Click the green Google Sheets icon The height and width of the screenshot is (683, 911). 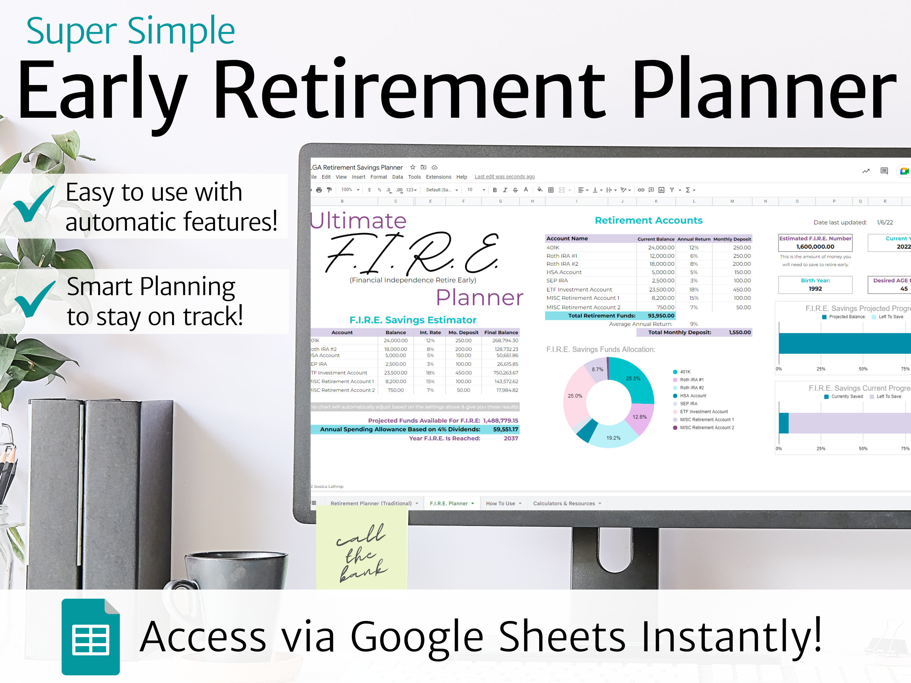[x=91, y=636]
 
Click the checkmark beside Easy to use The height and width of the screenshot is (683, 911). [x=33, y=204]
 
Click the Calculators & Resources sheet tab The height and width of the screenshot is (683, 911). [x=564, y=503]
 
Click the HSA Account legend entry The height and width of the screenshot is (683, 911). [x=693, y=396]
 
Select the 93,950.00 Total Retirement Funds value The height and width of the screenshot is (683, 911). [x=661, y=316]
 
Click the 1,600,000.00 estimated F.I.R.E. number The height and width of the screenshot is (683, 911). [x=815, y=247]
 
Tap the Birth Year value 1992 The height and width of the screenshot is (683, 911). [x=815, y=289]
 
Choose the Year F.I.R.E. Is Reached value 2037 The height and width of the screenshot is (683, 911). [x=511, y=438]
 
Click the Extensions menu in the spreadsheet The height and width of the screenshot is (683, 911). [x=438, y=177]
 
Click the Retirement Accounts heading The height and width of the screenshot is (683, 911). [x=648, y=220]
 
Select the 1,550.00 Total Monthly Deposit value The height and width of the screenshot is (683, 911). [x=740, y=332]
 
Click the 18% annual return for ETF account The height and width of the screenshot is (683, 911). [x=694, y=289]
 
